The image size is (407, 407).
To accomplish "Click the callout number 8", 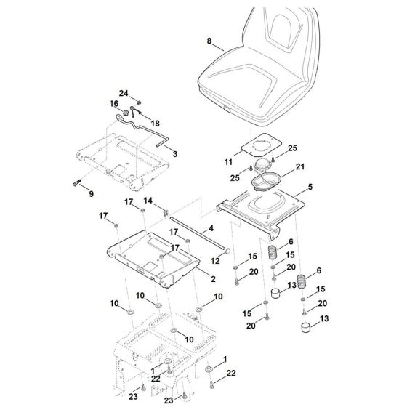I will [x=209, y=41].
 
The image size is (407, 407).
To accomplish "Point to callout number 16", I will [x=114, y=104].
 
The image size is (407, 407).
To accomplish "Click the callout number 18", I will [x=155, y=124].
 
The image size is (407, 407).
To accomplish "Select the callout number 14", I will [x=146, y=200].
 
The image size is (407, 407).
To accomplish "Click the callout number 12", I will [x=215, y=259].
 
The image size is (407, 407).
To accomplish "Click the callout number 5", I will [x=310, y=187].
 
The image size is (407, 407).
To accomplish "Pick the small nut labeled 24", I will [x=138, y=101].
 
